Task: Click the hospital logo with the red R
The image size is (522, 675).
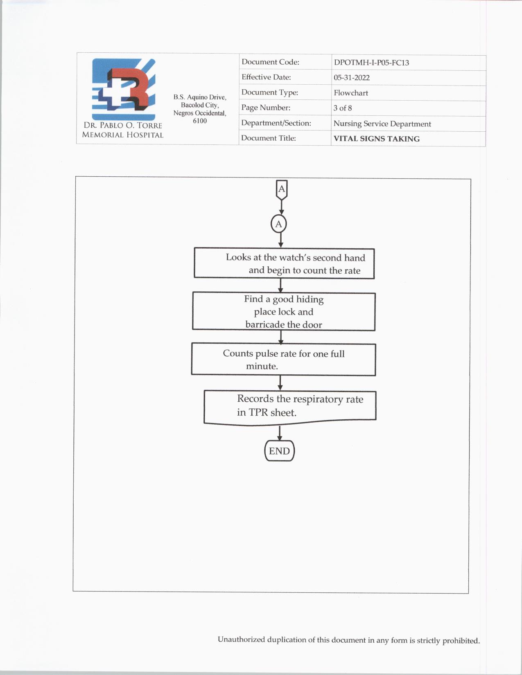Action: (x=124, y=89)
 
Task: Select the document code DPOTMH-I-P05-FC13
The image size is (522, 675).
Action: (x=371, y=63)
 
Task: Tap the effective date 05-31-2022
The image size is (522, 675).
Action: (x=351, y=78)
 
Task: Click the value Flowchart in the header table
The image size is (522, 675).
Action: (x=350, y=93)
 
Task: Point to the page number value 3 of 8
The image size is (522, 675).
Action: (x=342, y=108)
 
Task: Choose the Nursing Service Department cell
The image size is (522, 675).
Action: (x=382, y=124)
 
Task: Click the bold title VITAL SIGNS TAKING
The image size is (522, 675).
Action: (x=376, y=139)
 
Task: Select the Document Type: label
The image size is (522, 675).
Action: (x=269, y=92)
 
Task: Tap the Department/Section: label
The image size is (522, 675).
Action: (x=276, y=123)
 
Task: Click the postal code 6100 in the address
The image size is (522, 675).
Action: (x=200, y=121)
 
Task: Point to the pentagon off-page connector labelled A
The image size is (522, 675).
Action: (x=282, y=190)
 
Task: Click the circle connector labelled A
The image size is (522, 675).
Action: (x=279, y=224)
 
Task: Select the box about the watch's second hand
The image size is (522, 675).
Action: (x=284, y=263)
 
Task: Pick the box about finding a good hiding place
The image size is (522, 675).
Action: (x=284, y=311)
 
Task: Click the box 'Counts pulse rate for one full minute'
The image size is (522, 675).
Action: (x=283, y=359)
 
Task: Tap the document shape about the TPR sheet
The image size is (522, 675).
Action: (x=290, y=407)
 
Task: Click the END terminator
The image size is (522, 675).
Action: (x=279, y=451)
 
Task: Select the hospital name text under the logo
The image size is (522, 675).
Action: (x=123, y=130)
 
